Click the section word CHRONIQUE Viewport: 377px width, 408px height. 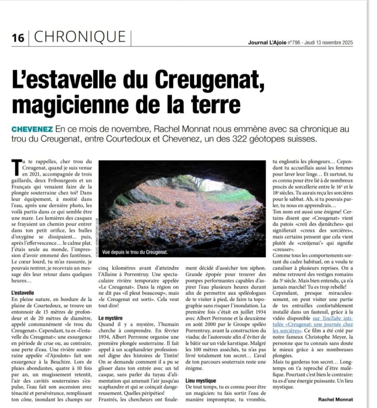coord(80,37)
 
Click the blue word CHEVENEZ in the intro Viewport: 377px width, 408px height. coord(32,129)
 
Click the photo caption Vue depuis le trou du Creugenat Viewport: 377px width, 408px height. coord(135,252)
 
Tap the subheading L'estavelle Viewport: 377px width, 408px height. coord(23,293)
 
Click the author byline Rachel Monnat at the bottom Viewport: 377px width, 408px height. coord(335,399)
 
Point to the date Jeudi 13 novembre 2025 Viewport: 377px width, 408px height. coord(329,43)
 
